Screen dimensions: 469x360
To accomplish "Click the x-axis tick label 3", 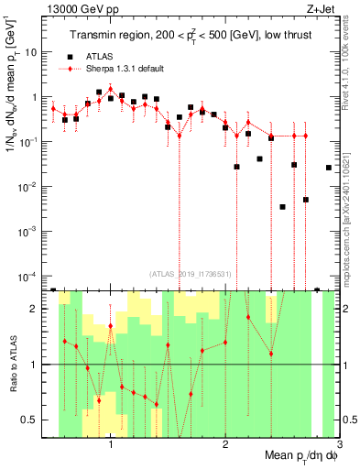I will (x=339, y=445).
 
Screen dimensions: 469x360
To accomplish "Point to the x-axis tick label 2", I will (x=225, y=445).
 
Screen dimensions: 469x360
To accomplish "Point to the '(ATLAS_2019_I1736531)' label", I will (x=190, y=273).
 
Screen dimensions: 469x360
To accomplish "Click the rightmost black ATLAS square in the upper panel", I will (x=329, y=168).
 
